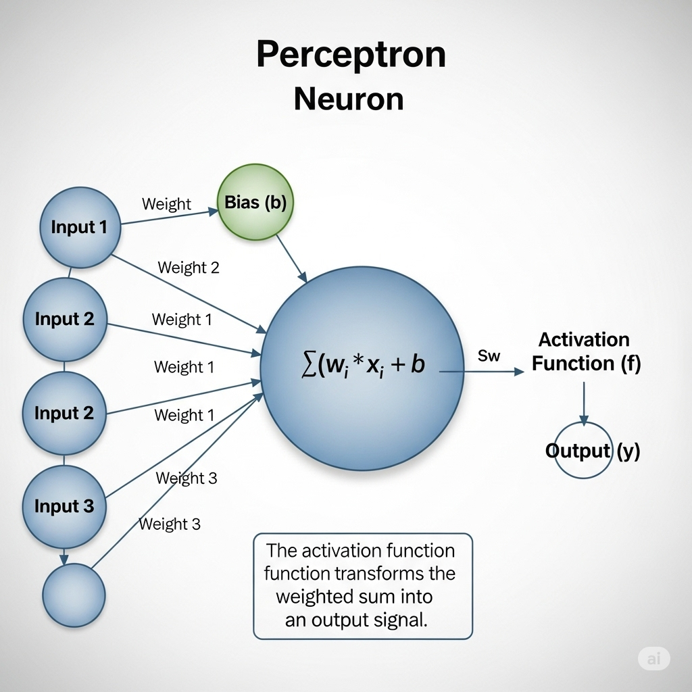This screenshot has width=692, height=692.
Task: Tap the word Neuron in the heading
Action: pyautogui.click(x=349, y=99)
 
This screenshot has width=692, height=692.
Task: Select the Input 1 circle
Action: pyautogui.click(x=79, y=228)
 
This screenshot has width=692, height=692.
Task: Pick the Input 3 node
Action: pyautogui.click(x=64, y=506)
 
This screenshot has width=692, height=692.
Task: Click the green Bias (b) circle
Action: pyautogui.click(x=255, y=202)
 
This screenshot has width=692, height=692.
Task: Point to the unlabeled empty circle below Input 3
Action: pyautogui.click(x=74, y=595)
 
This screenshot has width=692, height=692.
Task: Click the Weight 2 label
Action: pyautogui.click(x=189, y=268)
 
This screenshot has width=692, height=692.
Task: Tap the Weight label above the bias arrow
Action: pyautogui.click(x=166, y=204)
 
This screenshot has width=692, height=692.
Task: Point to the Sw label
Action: pyautogui.click(x=489, y=356)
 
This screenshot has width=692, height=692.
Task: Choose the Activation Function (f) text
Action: pyautogui.click(x=585, y=351)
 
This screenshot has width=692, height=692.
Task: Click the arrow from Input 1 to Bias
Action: pyautogui.click(x=169, y=218)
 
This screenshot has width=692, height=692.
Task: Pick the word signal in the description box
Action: pyautogui.click(x=401, y=620)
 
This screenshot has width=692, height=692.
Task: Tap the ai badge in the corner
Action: pyautogui.click(x=653, y=659)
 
